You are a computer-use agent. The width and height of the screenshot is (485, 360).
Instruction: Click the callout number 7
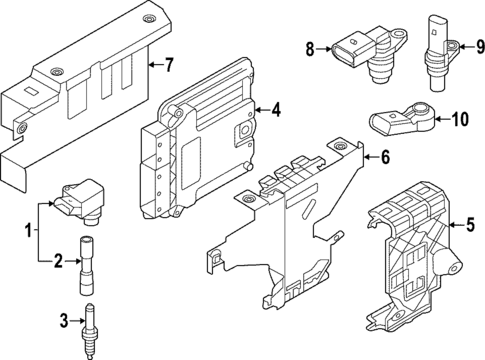pos(169,66)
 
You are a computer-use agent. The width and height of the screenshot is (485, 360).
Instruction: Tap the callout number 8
pos(310,47)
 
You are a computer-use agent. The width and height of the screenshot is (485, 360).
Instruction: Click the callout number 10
pos(459,119)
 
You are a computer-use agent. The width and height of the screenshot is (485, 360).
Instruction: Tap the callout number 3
pos(62,320)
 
